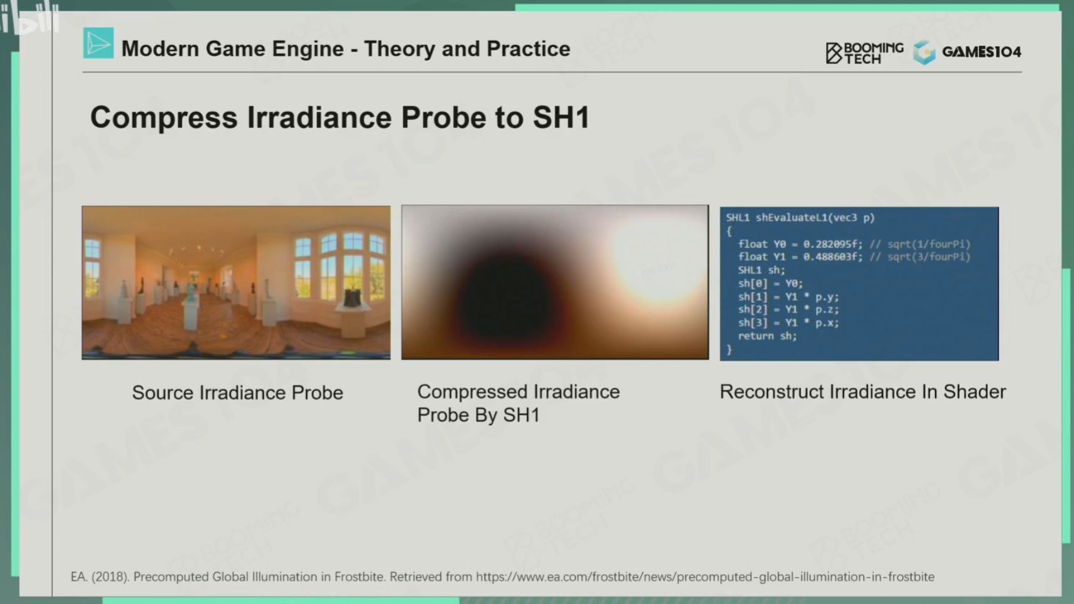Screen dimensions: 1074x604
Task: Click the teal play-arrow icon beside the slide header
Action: pyautogui.click(x=98, y=43)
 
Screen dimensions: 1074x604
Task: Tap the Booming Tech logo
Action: pyautogui.click(x=864, y=53)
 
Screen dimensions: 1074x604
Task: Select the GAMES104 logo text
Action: pyautogui.click(x=981, y=52)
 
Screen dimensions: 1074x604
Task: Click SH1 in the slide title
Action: pyautogui.click(x=561, y=118)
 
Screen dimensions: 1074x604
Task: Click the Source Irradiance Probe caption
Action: pyautogui.click(x=237, y=392)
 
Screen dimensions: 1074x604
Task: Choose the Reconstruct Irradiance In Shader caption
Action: pyautogui.click(x=862, y=392)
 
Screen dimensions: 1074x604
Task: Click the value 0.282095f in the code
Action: pyautogui.click(x=832, y=244)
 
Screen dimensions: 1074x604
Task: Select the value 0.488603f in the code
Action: pyautogui.click(x=832, y=257)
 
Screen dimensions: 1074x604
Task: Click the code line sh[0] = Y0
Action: pyautogui.click(x=770, y=284)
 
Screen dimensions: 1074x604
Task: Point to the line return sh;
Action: pyautogui.click(x=767, y=336)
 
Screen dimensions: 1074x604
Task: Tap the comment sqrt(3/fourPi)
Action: pyautogui.click(x=929, y=257)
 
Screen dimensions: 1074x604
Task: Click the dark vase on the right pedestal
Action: pyautogui.click(x=353, y=298)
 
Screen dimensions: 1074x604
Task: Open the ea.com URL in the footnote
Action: pyautogui.click(x=705, y=576)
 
